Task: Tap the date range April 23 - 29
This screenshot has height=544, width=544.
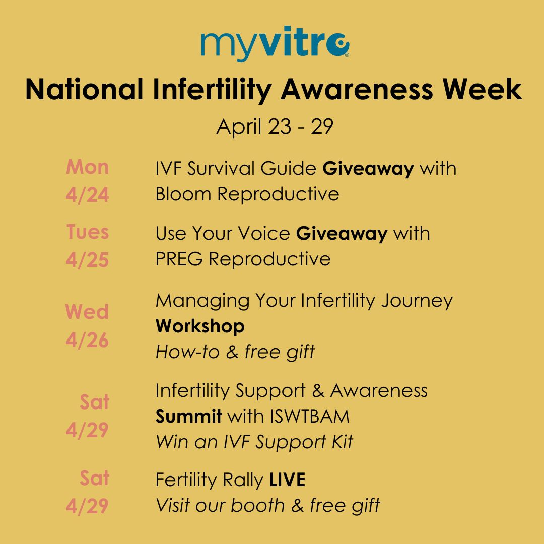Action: click(275, 127)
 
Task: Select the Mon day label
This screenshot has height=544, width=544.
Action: click(87, 167)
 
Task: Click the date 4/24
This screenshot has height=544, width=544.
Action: click(87, 195)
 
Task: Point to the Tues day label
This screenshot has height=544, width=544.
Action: click(87, 232)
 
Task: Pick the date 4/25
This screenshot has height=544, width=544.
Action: click(87, 260)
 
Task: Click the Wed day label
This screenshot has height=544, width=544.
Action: click(87, 312)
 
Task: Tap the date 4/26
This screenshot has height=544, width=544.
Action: click(87, 340)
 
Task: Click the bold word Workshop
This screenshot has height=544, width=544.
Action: click(200, 326)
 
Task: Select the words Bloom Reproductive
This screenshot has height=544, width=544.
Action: click(247, 194)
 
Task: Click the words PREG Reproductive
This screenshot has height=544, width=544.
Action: click(243, 259)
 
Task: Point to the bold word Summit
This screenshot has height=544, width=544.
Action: click(188, 417)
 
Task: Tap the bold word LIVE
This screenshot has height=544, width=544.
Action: click(287, 480)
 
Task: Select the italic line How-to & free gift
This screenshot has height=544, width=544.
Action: click(235, 352)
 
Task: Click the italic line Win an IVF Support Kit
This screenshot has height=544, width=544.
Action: click(254, 442)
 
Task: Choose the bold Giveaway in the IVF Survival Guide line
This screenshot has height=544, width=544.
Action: click(368, 168)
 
